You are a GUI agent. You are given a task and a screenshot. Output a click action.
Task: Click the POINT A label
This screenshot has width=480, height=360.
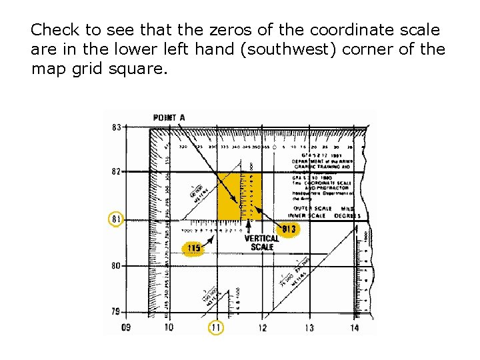(x=169, y=118)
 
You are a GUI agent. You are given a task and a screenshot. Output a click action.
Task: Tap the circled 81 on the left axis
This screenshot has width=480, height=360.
(x=116, y=219)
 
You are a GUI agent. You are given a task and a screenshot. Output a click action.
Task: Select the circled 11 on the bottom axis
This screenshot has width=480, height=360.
(x=215, y=327)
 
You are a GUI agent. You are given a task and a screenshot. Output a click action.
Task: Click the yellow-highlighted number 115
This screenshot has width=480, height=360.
(x=193, y=249)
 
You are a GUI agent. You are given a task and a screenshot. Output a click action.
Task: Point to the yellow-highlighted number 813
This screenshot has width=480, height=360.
(x=289, y=230)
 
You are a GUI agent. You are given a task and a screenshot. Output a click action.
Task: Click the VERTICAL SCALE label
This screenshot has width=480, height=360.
(x=262, y=243)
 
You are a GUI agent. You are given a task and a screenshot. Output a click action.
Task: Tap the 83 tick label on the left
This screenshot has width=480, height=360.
(x=116, y=127)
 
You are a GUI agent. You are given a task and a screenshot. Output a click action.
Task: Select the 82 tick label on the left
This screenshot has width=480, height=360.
(x=116, y=171)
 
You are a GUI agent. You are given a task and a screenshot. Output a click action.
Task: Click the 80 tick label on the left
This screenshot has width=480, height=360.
(x=116, y=265)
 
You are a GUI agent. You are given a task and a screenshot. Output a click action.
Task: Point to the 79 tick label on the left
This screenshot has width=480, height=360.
(x=116, y=311)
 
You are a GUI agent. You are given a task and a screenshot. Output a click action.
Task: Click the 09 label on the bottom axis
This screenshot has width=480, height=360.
(x=126, y=327)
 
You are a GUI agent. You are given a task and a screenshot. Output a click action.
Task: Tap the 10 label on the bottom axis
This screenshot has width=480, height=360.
(x=169, y=327)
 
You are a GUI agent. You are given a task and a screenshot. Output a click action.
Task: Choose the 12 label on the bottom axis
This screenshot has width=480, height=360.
(x=262, y=327)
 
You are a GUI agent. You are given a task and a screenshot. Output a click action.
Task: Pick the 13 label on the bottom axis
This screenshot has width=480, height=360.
(x=309, y=327)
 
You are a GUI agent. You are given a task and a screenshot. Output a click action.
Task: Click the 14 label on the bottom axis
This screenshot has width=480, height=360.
(x=354, y=327)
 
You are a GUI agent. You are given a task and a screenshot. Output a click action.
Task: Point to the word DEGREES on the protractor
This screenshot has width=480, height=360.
(x=347, y=215)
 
